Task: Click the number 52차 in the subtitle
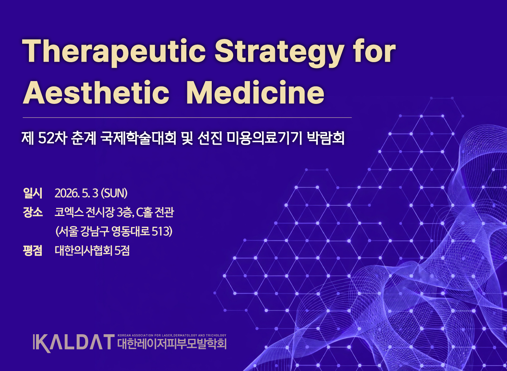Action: (x=52, y=138)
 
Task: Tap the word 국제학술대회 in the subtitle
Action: (x=138, y=138)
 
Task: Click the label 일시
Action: (x=32, y=193)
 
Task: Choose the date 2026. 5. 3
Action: (x=76, y=193)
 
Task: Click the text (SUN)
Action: (x=114, y=193)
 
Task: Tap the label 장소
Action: (x=32, y=212)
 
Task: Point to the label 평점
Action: (x=32, y=250)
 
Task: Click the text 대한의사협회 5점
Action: (x=92, y=250)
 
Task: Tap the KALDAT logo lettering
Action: (x=74, y=343)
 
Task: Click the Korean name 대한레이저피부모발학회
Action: (x=172, y=344)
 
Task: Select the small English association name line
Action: (x=172, y=335)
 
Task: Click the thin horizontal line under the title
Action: (x=187, y=117)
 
